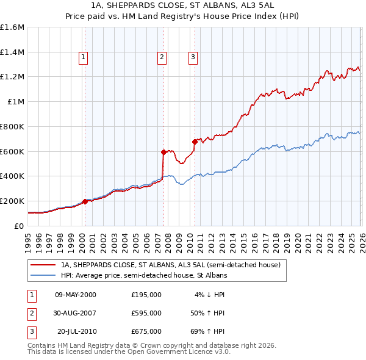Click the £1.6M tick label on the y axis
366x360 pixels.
(12, 27)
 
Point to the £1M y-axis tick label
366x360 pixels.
(16, 102)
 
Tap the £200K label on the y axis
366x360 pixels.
(12, 201)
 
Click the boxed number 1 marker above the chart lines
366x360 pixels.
(84, 58)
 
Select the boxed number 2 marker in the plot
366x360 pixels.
(162, 58)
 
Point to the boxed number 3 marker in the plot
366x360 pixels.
(193, 58)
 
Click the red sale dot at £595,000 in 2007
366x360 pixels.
(163, 152)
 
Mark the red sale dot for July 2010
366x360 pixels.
(195, 142)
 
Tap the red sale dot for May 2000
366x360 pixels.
(85, 201)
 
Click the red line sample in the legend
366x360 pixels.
(44, 265)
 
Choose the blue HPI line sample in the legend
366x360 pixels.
(44, 276)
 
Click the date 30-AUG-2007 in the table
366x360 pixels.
(76, 313)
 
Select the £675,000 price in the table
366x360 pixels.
(146, 331)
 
